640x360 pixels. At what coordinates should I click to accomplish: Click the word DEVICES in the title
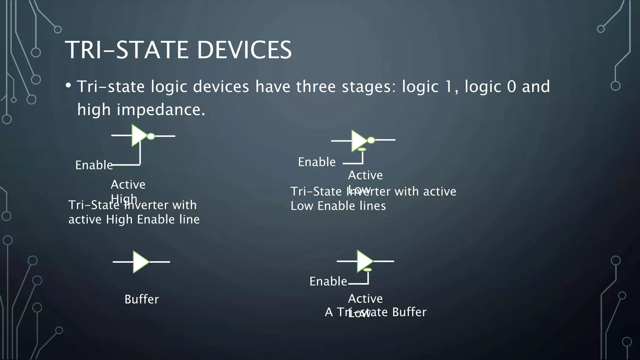[244, 50]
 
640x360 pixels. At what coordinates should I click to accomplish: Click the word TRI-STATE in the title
[127, 50]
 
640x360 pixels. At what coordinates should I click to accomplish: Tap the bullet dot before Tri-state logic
[68, 85]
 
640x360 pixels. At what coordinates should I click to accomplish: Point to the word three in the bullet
[316, 87]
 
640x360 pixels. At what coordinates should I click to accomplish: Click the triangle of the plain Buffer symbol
[140, 262]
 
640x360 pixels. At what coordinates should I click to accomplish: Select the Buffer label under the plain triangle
[142, 299]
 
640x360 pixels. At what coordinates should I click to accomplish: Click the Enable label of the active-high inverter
[94, 165]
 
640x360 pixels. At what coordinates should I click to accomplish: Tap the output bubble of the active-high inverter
[151, 136]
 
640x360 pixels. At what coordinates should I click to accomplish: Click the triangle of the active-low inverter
[358, 140]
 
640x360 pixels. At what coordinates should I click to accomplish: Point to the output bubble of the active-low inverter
[371, 140]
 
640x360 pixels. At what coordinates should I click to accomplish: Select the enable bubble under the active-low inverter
[362, 150]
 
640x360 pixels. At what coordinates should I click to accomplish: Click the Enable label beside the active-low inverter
[317, 162]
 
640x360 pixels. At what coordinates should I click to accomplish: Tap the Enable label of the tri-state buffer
[328, 281]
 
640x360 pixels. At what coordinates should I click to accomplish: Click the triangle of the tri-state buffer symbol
[364, 261]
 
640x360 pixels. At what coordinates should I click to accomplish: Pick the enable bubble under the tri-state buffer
[368, 270]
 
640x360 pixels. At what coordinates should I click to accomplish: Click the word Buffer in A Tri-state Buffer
[409, 312]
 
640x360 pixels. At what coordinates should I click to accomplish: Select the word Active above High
[128, 184]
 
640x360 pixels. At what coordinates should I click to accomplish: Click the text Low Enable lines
[338, 206]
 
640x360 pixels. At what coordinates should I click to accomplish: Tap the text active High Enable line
[134, 219]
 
